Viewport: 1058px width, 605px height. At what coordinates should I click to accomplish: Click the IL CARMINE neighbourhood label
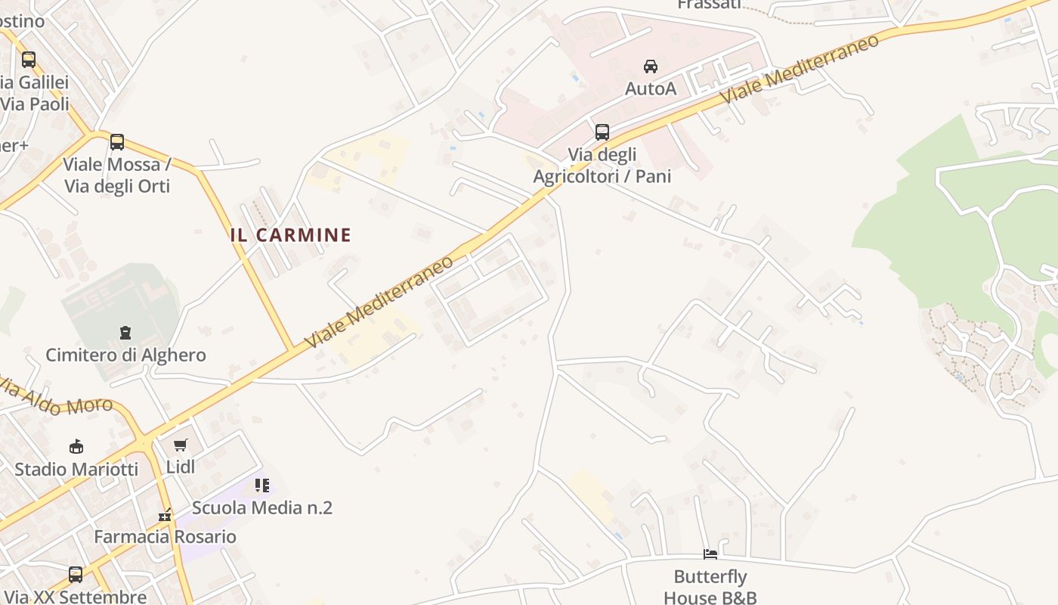291,235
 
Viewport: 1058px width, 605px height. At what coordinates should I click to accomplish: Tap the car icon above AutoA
651,67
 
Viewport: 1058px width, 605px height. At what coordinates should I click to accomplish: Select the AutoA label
651,89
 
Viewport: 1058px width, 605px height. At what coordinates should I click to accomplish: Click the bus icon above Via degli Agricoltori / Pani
602,132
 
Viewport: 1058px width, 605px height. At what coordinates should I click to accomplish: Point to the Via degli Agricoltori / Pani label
602,166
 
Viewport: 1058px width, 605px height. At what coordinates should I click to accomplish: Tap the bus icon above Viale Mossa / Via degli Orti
117,142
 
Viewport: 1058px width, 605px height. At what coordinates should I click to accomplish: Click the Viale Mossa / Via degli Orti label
117,175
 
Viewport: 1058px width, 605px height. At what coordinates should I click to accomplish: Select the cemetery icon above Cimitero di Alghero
125,332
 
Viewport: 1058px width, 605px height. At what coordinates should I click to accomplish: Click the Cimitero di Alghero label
125,355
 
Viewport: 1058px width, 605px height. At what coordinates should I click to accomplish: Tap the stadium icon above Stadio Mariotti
76,446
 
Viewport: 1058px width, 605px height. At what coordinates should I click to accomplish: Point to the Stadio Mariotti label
76,470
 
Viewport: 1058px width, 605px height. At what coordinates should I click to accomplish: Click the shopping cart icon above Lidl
180,445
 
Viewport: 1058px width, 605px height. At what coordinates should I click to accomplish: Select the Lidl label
181,467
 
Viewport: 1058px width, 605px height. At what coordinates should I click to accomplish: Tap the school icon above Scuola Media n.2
262,485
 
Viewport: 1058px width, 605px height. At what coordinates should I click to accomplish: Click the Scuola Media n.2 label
262,507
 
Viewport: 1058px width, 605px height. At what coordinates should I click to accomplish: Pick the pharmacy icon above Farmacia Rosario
165,516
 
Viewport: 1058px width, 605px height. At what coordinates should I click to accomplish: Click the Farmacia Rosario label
165,537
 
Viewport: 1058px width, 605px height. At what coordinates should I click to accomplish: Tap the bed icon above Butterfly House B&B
710,554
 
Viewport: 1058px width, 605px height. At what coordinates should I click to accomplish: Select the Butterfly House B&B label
710,587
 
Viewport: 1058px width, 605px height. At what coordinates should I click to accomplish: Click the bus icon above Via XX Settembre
76,575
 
